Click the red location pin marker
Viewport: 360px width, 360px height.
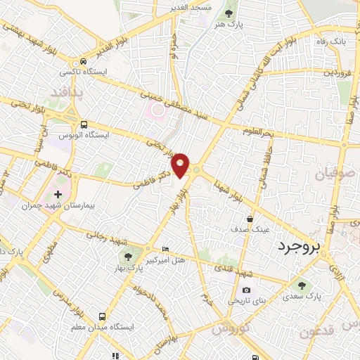tap(181, 164)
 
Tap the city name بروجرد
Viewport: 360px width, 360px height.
tap(297, 247)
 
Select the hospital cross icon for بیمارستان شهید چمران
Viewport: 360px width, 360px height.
tap(58, 193)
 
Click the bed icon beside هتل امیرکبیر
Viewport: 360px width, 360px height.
tap(165, 250)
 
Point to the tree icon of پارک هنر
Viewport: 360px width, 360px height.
tap(228, 13)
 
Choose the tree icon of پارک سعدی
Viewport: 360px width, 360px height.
tap(302, 285)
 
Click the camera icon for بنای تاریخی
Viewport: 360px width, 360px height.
tap(246, 290)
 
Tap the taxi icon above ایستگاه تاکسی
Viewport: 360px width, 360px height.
tap(84, 61)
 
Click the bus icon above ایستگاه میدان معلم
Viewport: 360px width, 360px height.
tap(102, 317)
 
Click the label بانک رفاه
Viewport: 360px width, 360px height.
tap(333, 41)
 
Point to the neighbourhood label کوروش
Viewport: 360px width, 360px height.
tap(230, 329)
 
